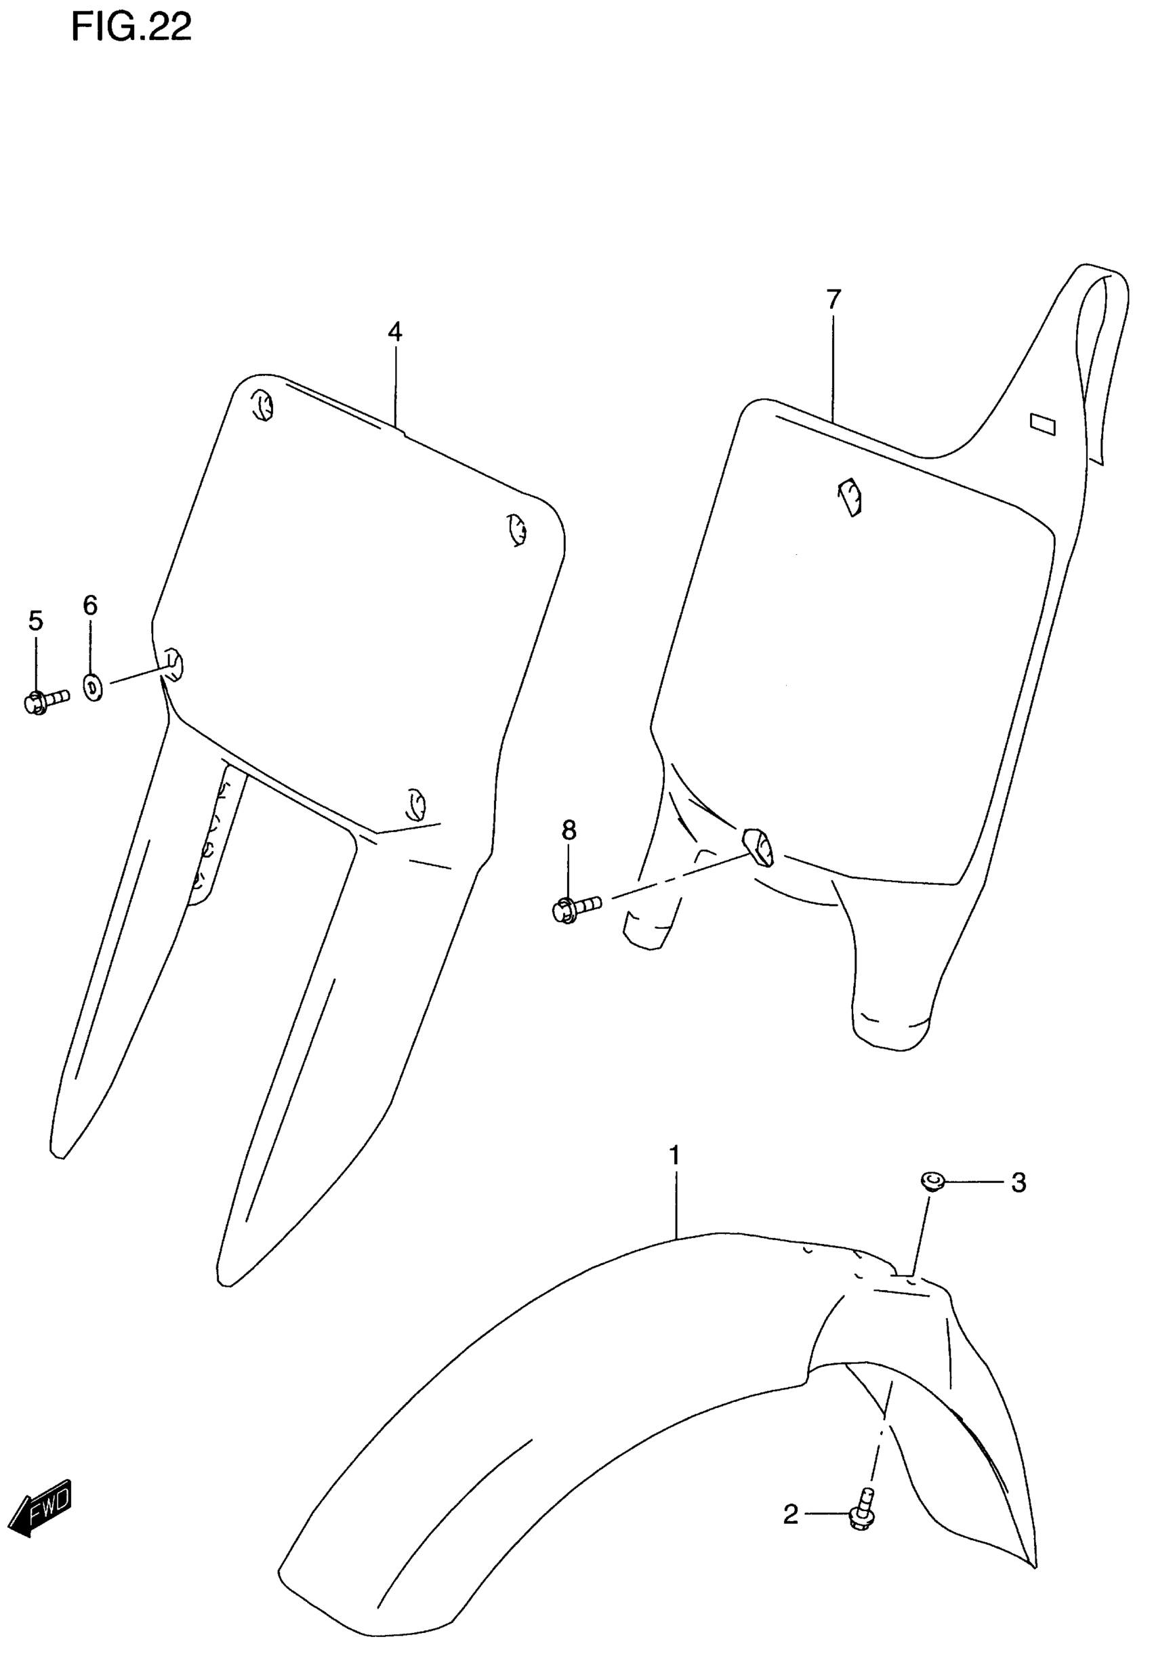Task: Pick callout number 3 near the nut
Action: [x=1018, y=1182]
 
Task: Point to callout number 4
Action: [x=395, y=331]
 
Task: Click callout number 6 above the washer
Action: [x=90, y=605]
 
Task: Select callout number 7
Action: [x=834, y=298]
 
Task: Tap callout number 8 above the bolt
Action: [x=569, y=831]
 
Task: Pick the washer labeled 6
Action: [x=93, y=687]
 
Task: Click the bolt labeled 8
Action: [x=577, y=909]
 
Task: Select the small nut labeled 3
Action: [x=932, y=1181]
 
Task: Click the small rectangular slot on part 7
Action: [x=1042, y=424]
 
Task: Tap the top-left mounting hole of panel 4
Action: [x=263, y=406]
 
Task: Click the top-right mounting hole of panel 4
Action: [x=516, y=531]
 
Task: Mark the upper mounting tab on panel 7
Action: [x=850, y=497]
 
